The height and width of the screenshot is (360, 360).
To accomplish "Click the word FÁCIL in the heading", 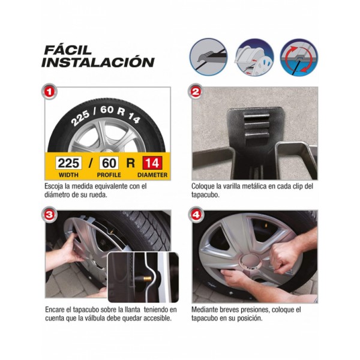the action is pos(68,50).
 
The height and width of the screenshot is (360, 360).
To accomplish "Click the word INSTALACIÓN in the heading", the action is pos(98,62).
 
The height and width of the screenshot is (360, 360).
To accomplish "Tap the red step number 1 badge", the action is pos(49,92).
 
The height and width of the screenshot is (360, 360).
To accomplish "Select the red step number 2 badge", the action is pos(196,91).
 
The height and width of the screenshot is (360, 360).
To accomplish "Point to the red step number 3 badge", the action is pos(50,215).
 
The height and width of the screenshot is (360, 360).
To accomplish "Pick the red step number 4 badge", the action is pos(196,215).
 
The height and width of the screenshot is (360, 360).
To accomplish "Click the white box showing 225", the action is pos(68,163).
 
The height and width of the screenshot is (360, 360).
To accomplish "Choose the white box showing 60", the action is pos(109,163).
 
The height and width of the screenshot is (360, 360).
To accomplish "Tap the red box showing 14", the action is pos(152,163).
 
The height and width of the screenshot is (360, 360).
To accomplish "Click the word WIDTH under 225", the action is pos(68,175).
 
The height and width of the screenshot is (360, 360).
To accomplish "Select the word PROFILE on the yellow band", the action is pos(109,175).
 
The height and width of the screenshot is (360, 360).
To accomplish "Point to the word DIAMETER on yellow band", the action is pos(152,175).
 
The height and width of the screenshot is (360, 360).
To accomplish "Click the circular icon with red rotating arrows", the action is pos(299,58).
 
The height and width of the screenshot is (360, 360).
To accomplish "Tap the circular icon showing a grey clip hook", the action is pos(208,57).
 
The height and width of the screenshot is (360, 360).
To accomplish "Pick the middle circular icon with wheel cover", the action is pos(254,58).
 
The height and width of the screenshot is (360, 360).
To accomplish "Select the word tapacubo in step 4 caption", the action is pos(205,319).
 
